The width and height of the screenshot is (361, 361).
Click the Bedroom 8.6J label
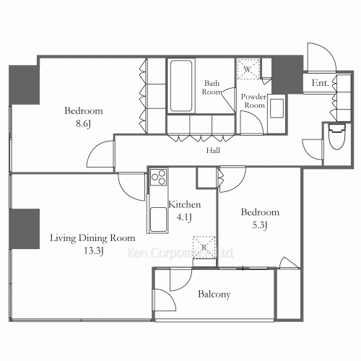pos(83,118)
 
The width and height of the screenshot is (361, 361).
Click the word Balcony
pos(214,295)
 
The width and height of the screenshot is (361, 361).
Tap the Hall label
pos(213,151)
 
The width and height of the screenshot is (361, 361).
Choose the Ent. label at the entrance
pos(321,84)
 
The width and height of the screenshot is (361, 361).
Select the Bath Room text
pos(212,87)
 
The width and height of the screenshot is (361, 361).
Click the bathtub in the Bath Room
pos(181,86)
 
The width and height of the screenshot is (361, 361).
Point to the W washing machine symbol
pos(248,69)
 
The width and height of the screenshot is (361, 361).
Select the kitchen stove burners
pos(158,180)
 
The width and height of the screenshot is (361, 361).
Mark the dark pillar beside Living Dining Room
pos(25,229)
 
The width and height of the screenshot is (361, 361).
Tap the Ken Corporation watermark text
pos(180,253)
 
